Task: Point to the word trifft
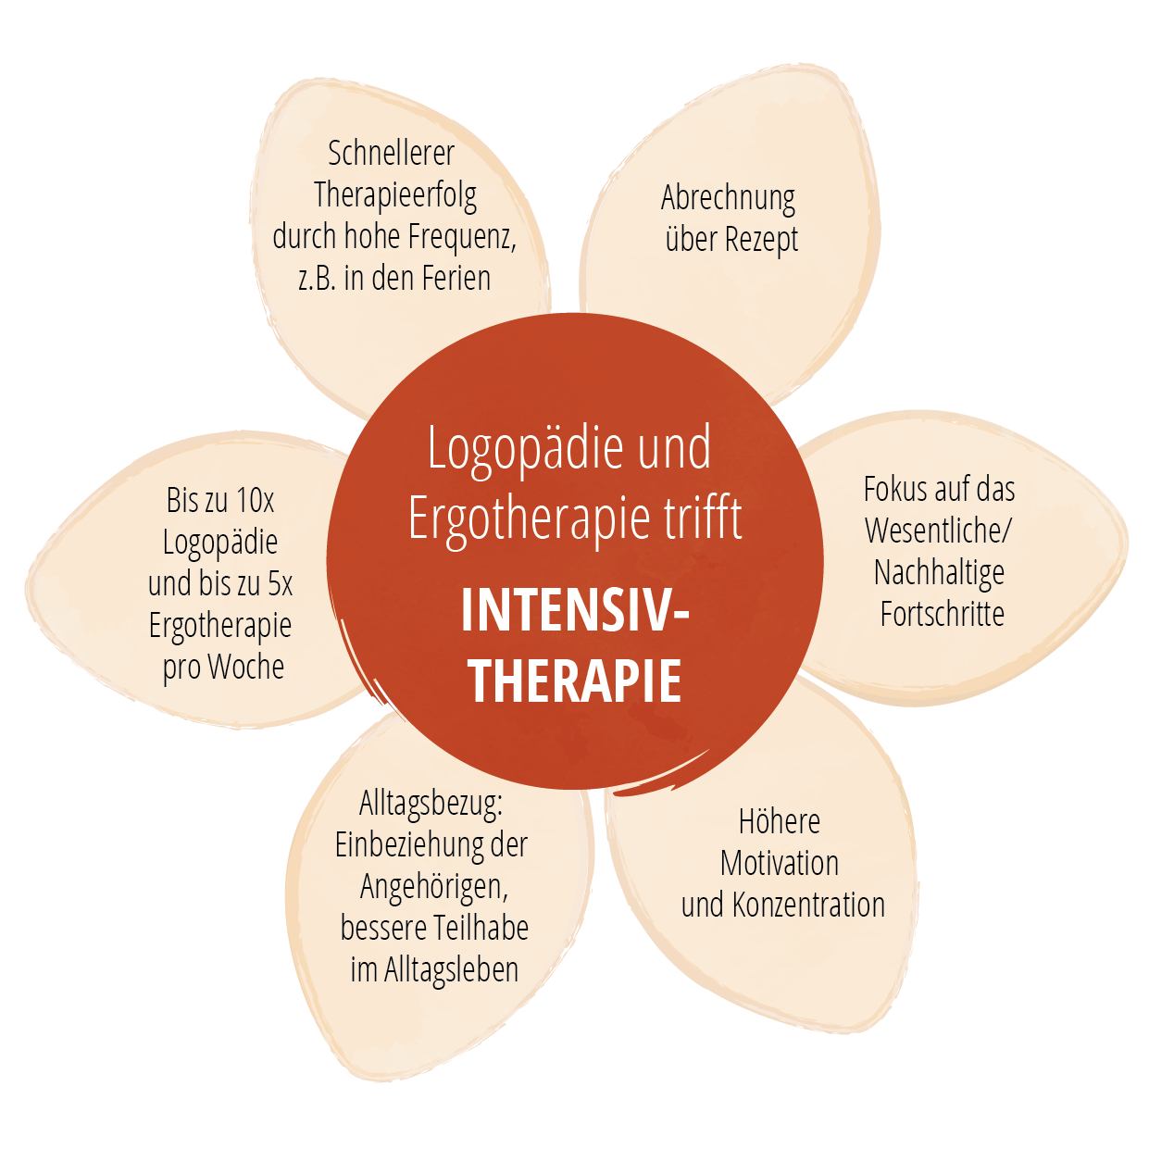703,518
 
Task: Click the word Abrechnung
728,198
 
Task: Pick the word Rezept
761,240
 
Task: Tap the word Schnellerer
391,153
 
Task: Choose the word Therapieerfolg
395,195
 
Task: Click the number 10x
255,501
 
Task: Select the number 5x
280,584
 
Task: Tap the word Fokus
893,489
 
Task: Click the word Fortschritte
942,614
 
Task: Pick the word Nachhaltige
939,573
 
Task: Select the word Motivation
780,864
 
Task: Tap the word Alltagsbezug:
431,804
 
